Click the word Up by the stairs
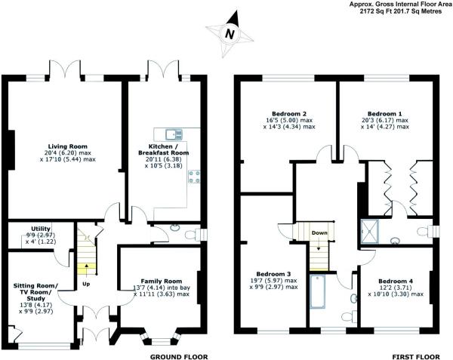pos(88,285)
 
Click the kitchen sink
pos(164,134)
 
